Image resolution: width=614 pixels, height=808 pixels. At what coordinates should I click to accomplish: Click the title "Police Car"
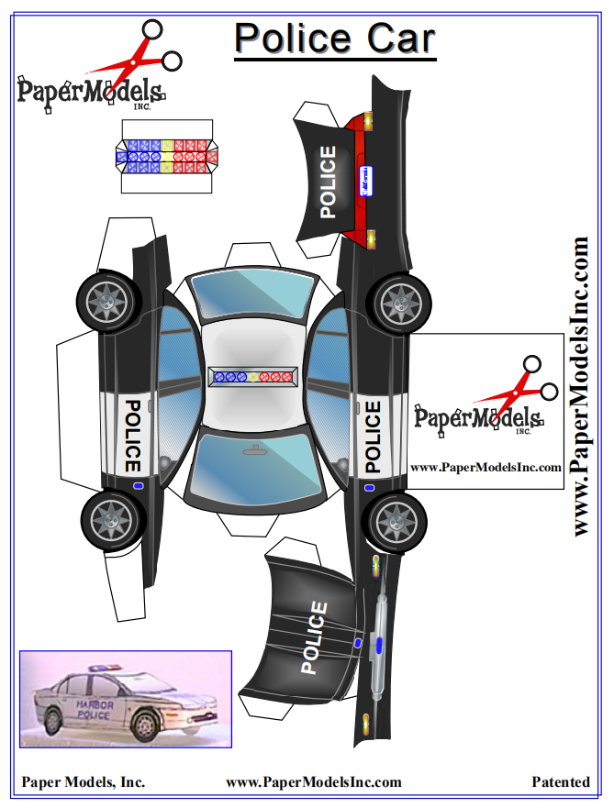[334, 39]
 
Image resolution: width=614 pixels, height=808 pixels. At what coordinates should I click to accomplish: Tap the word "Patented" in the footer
[561, 782]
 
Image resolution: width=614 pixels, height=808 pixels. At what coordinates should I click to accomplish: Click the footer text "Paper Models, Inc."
[84, 782]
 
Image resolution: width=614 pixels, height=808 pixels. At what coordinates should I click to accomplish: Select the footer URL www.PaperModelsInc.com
[314, 782]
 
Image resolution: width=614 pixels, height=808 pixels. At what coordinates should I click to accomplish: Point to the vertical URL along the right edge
[580, 386]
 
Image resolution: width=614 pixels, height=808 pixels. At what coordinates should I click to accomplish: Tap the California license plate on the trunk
[364, 178]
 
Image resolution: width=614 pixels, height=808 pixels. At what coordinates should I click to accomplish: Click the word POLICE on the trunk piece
[329, 183]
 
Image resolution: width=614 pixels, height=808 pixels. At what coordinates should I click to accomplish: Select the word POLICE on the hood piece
[313, 637]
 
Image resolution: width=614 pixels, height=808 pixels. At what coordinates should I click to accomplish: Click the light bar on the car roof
[251, 376]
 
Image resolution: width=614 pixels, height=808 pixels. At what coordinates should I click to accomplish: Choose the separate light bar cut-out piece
[166, 156]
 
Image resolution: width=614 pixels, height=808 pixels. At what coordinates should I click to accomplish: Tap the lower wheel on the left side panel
[112, 519]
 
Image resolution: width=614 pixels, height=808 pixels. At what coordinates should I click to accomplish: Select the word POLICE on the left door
[132, 435]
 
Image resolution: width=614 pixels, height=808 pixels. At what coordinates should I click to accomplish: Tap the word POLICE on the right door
[372, 437]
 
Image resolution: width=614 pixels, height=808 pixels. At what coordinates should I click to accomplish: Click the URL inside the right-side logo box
[486, 467]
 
